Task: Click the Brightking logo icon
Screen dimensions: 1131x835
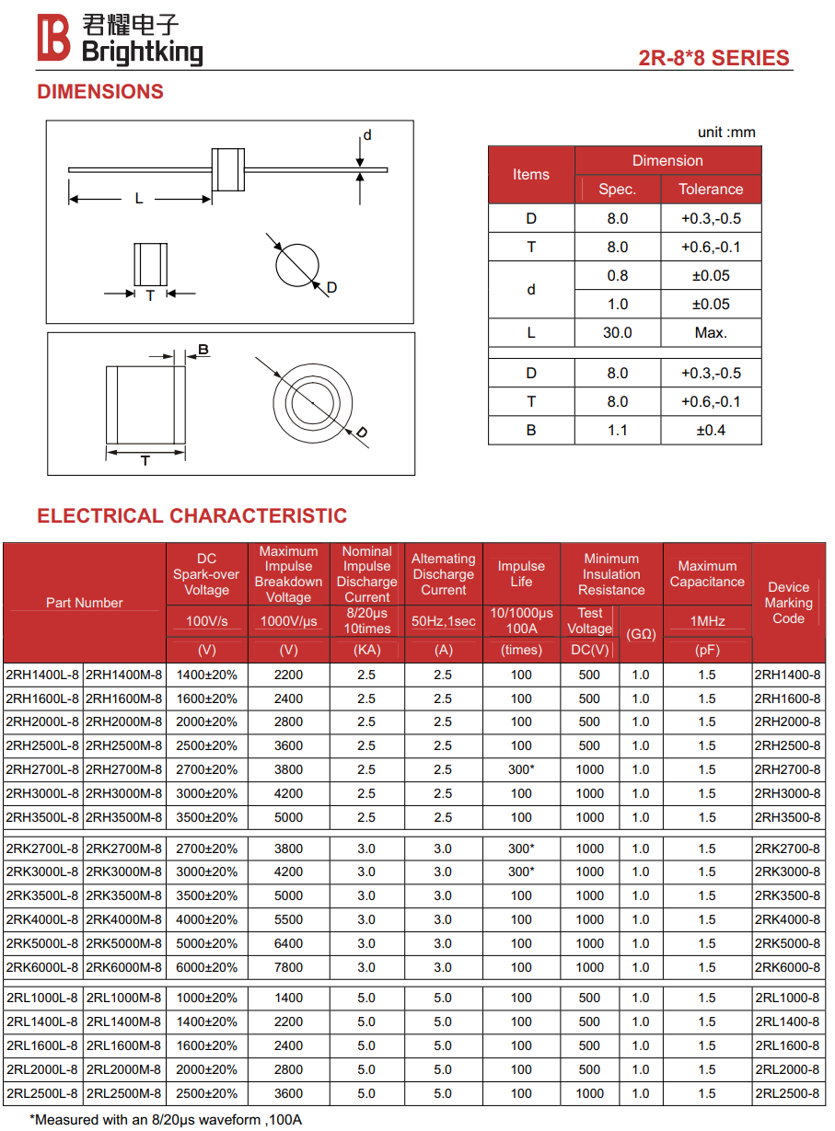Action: [53, 39]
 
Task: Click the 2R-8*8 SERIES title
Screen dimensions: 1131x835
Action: [713, 58]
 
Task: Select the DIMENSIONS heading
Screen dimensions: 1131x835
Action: [100, 92]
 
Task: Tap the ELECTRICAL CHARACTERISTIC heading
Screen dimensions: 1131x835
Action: [192, 515]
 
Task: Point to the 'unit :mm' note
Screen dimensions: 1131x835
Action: [726, 133]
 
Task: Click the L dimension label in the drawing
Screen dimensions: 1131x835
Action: [139, 198]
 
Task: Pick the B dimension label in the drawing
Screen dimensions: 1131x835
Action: [203, 350]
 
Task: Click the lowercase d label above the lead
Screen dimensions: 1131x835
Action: [366, 135]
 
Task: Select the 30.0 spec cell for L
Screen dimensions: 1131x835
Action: [617, 332]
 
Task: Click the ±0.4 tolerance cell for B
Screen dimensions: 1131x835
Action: [711, 430]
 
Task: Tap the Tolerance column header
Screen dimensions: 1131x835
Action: [711, 189]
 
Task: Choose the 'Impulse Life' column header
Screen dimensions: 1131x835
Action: [521, 573]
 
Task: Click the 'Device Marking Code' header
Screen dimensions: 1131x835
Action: [788, 603]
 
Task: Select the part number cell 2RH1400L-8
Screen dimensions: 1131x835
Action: [42, 675]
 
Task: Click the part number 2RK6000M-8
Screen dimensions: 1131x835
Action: [123, 967]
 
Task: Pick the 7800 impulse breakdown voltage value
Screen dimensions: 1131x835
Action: [288, 967]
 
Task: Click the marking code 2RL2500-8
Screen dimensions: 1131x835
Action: [787, 1093]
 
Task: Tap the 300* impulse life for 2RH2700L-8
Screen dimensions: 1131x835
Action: [521, 769]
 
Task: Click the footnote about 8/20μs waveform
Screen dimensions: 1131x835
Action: [166, 1120]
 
